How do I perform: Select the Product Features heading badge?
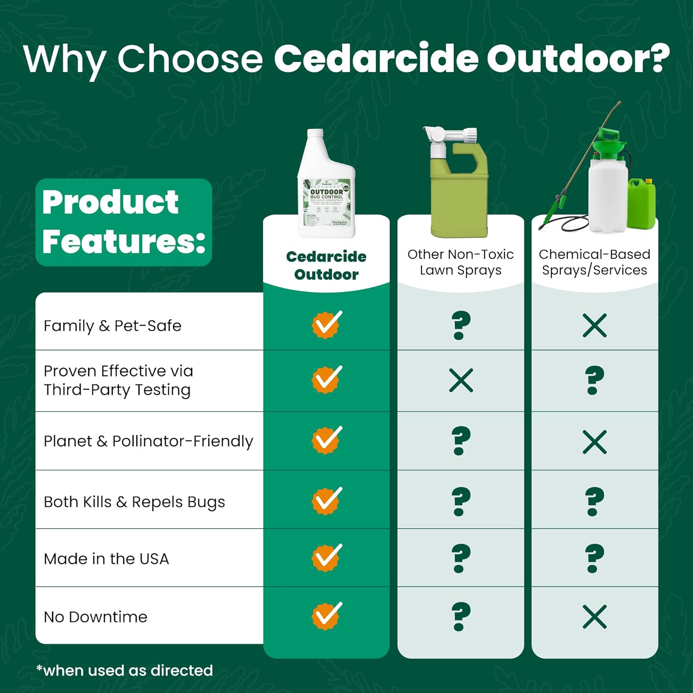123,222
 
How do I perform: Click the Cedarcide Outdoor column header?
326,265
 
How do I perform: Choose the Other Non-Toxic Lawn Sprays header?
460,262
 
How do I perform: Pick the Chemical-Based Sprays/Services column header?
594,262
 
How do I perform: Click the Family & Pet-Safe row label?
112,326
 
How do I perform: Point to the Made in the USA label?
106,559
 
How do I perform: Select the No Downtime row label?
95,617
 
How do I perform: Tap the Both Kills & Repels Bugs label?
134,502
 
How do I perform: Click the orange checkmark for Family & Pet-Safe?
327,324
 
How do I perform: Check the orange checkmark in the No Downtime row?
327,615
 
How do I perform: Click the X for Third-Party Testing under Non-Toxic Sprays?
461,380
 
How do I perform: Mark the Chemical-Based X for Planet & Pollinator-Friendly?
594,442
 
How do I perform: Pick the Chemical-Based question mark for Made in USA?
594,558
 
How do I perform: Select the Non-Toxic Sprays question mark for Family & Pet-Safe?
461,325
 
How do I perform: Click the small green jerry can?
641,203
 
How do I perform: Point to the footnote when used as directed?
125,670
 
